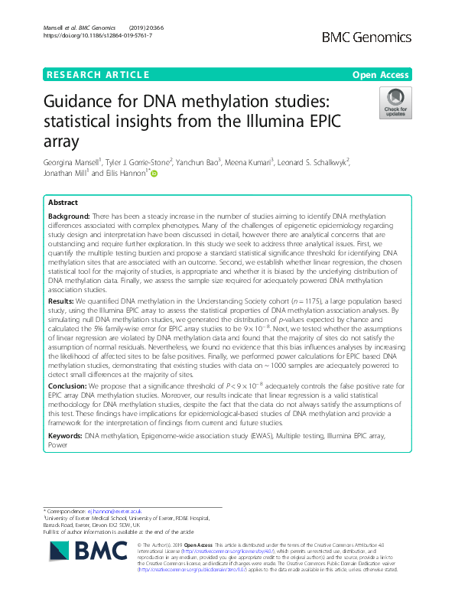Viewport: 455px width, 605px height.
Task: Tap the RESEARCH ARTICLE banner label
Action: point(99,74)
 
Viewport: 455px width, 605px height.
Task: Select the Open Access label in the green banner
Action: point(382,74)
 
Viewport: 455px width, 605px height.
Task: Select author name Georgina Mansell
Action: point(76,162)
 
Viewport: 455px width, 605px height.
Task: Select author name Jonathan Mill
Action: point(70,174)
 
